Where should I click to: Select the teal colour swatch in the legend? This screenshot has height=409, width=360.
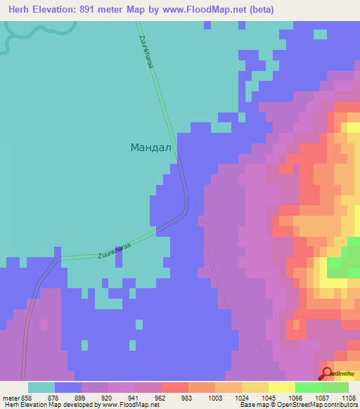tap(41, 387)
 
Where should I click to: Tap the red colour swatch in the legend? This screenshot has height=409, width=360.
tap(175, 387)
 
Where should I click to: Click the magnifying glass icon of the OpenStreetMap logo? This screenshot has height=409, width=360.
tap(327, 373)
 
